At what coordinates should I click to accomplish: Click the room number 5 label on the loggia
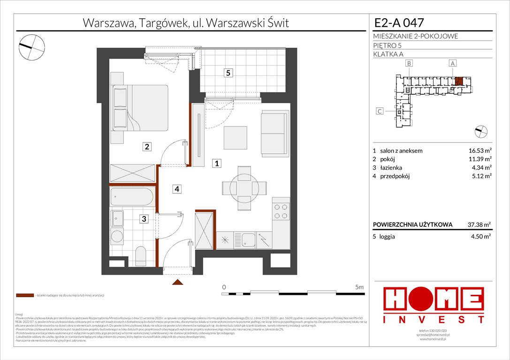pos(228,73)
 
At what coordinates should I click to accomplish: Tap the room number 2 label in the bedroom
pos(147,147)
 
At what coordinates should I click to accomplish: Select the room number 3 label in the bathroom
pos(145,219)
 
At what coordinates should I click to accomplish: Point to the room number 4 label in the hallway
pos(176,189)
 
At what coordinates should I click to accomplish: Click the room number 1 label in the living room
pos(216,164)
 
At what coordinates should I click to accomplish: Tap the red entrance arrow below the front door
pos(177,282)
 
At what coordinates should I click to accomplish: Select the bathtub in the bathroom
pos(132,197)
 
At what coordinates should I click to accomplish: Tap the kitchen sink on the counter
pos(248,240)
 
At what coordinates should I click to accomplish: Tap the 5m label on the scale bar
pos(359,286)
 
